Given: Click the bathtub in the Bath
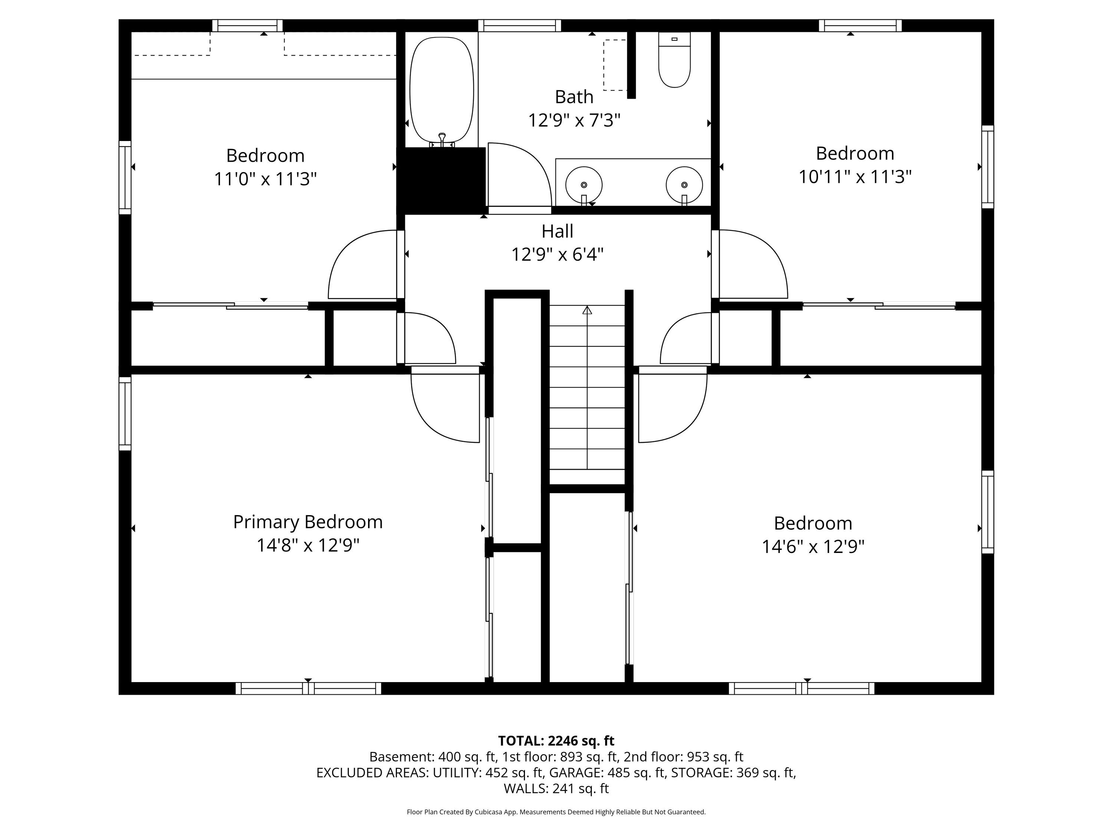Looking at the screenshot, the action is tap(442, 91).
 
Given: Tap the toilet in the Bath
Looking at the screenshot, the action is tap(674, 60).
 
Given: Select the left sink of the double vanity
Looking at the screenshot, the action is tap(584, 185).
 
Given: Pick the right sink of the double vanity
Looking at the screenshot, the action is tap(684, 185).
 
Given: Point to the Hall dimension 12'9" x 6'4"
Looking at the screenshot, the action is tap(558, 255).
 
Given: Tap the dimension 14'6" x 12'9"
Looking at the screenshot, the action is tap(813, 547).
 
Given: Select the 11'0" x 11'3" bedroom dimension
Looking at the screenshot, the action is tap(266, 179).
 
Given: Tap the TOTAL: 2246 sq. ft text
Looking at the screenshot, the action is tap(556, 741).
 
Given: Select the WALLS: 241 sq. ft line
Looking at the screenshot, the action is tap(556, 788).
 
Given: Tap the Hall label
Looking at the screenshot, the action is tap(558, 232).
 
